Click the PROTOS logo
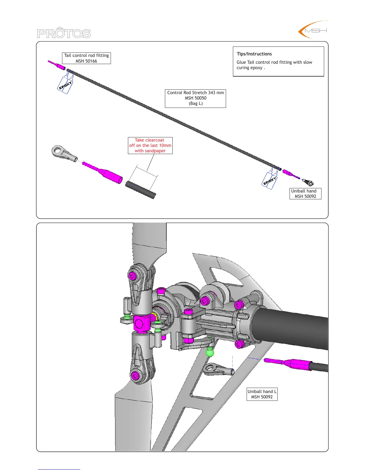(x=64, y=33)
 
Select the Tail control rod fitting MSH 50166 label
(x=86, y=58)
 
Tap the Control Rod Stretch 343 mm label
(x=195, y=93)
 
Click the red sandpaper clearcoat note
(x=150, y=145)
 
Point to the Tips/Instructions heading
(x=254, y=54)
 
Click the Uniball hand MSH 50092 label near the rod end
(x=305, y=194)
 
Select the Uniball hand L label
(x=262, y=394)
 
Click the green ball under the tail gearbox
(x=210, y=353)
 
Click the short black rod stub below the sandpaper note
(x=140, y=190)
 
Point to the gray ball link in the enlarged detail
(x=64, y=153)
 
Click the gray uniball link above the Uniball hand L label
(x=218, y=370)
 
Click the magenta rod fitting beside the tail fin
(x=288, y=363)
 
